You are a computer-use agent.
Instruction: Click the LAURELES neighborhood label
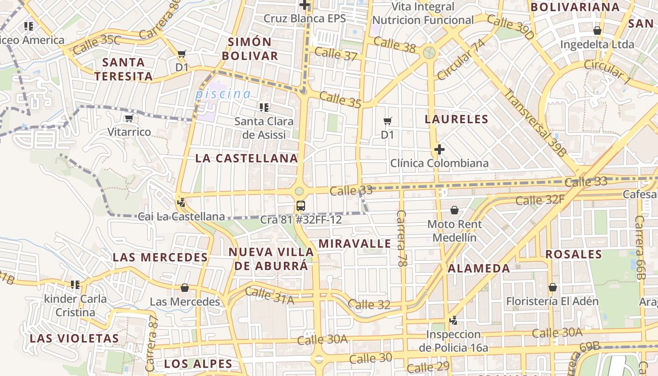[456, 119]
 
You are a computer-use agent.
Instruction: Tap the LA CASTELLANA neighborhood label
[247, 158]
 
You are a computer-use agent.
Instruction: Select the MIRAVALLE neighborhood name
[355, 243]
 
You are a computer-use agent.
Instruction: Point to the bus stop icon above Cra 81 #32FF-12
[301, 205]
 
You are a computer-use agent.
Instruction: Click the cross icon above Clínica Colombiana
[439, 149]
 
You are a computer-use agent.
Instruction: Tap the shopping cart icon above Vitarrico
[129, 118]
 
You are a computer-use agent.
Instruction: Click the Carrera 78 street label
[401, 238]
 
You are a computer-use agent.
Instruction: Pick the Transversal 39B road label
[535, 122]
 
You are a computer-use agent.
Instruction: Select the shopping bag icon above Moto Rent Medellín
[454, 210]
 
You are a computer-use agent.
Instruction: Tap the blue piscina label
[223, 94]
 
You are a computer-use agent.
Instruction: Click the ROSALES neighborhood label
[573, 254]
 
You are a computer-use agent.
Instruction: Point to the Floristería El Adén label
[552, 301]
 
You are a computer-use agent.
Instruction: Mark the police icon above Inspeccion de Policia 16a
[453, 321]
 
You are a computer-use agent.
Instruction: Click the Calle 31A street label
[270, 296]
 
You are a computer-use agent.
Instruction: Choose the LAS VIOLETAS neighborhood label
[74, 338]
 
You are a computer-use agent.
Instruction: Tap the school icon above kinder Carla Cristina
[75, 284]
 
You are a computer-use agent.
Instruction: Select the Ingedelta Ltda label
[597, 45]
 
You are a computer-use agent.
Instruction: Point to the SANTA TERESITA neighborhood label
[124, 69]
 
